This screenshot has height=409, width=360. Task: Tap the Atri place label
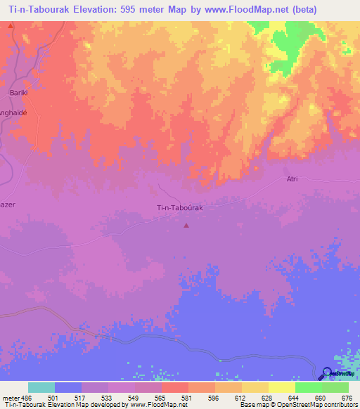[x=292, y=178]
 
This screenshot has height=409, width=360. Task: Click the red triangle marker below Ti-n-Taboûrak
[x=186, y=226]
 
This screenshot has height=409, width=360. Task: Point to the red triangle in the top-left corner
[x=11, y=26]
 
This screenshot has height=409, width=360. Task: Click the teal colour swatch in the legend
[x=41, y=387]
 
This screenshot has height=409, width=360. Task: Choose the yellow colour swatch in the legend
[x=282, y=387]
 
